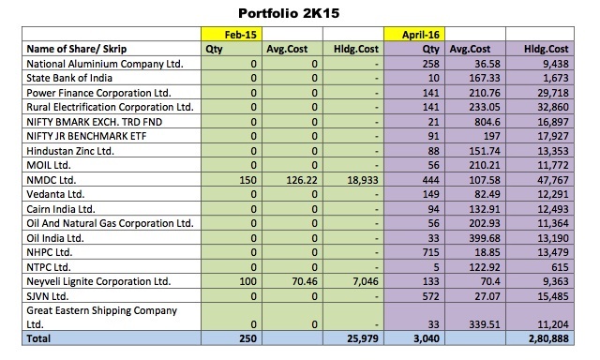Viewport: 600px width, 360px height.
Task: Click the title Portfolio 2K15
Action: coord(289,13)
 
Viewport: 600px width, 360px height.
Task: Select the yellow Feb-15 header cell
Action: coord(232,34)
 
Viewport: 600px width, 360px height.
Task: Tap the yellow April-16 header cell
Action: coord(414,34)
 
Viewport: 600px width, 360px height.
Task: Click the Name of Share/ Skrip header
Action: coord(76,49)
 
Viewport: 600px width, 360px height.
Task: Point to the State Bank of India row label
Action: coord(69,78)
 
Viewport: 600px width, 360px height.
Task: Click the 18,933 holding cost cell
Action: coord(363,180)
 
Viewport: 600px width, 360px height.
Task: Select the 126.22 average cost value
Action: coord(302,180)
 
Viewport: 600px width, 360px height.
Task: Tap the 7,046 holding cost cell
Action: coord(365,281)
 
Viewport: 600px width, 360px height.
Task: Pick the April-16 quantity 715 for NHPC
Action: coord(430,252)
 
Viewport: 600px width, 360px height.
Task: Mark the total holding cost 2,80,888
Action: coord(548,338)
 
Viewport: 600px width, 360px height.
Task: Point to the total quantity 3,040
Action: coord(427,338)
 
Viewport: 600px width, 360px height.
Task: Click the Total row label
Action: coord(38,338)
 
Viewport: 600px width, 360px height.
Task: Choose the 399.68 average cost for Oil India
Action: coord(485,238)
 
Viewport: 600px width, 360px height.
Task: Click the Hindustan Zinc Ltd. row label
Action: coord(70,151)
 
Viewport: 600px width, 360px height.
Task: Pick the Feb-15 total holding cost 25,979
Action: coord(363,338)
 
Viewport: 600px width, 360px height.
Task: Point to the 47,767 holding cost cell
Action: coord(553,180)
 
